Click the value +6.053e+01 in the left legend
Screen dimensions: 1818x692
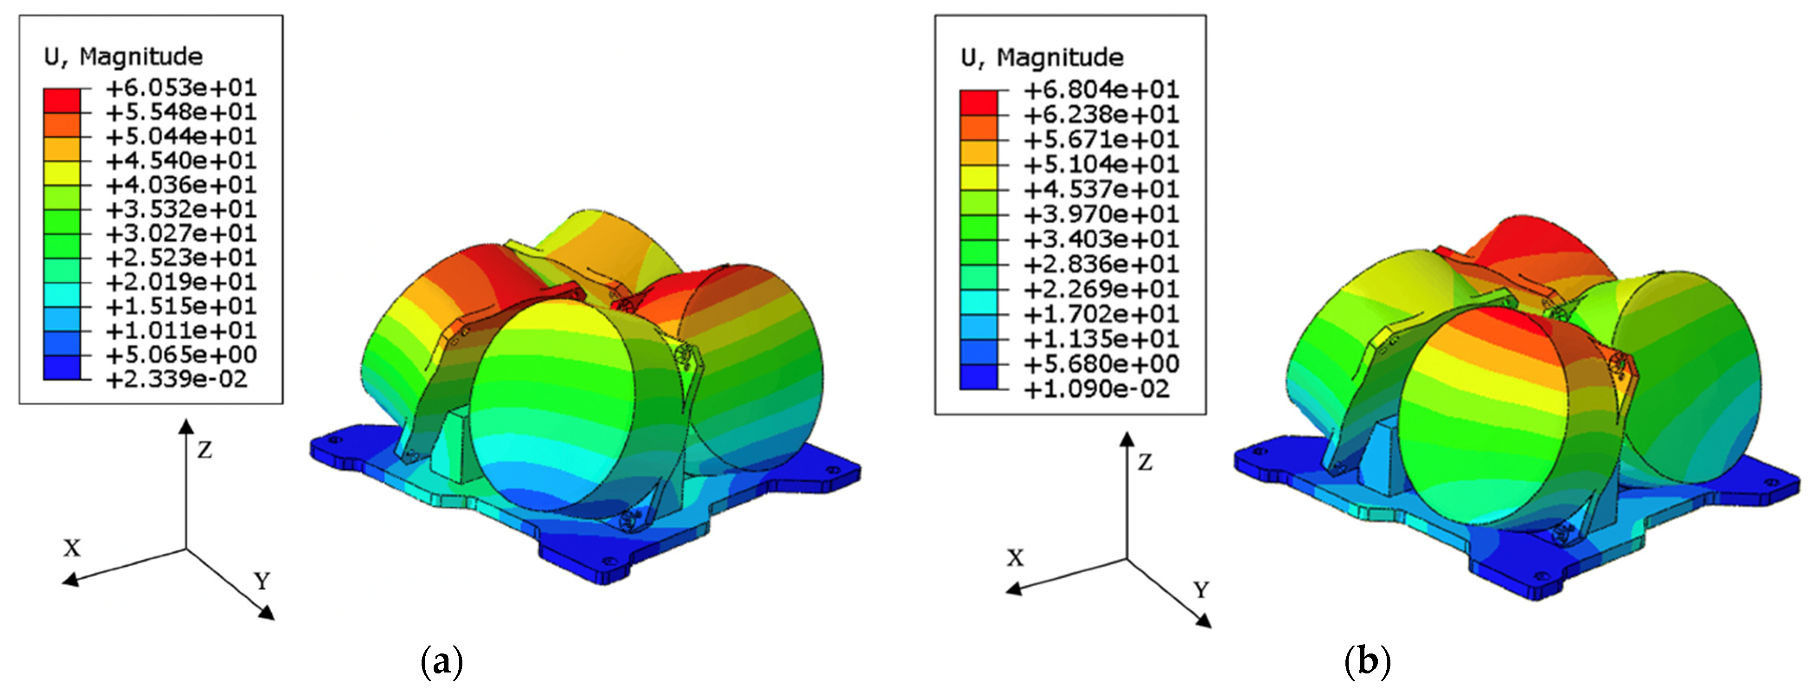pyautogui.click(x=181, y=88)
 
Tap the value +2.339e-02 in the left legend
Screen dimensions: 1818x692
pyautogui.click(x=176, y=379)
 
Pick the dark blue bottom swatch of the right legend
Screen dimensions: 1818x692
pyautogui.click(x=979, y=377)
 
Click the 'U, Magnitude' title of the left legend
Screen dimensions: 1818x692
pyautogui.click(x=123, y=57)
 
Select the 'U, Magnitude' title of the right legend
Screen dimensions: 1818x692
pyautogui.click(x=1042, y=57)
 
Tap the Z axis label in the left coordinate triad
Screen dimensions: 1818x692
pyautogui.click(x=205, y=450)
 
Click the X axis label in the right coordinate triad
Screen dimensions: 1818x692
pyautogui.click(x=1015, y=558)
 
